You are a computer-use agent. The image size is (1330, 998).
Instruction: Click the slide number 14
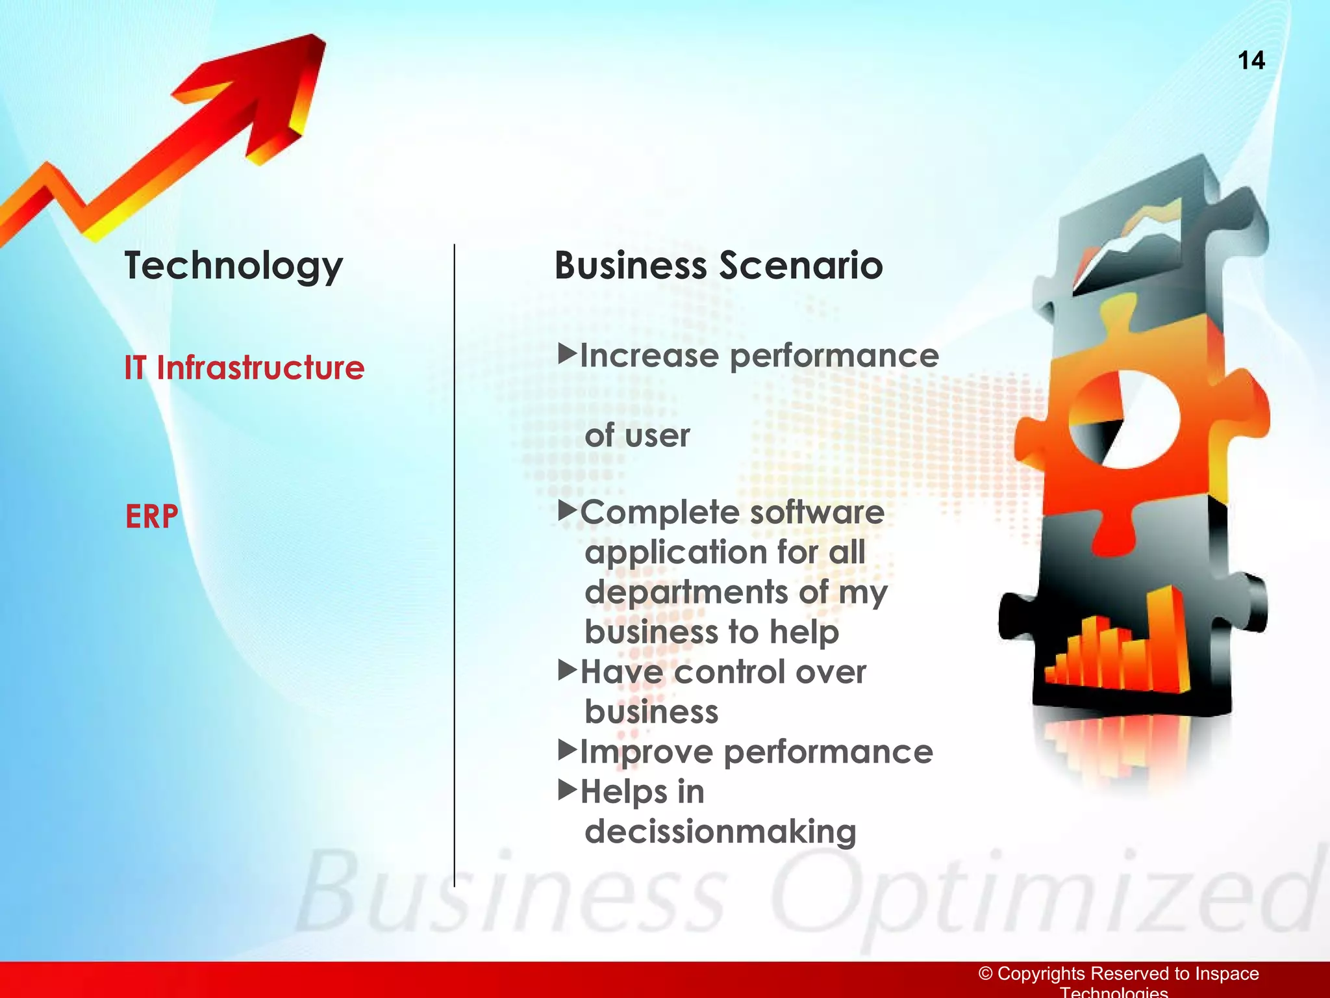click(1251, 60)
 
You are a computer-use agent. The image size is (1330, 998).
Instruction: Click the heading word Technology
click(233, 266)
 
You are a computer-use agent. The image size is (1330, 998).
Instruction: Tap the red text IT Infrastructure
click(244, 368)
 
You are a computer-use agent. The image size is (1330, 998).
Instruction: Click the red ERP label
click(151, 517)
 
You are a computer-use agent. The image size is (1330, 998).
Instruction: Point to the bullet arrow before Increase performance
click(567, 353)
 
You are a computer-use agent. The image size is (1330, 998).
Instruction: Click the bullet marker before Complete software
click(567, 510)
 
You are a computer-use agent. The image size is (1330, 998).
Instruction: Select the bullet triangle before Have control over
click(567, 669)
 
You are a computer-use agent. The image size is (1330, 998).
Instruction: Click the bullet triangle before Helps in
click(567, 789)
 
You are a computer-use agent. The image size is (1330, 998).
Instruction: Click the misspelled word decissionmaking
click(720, 832)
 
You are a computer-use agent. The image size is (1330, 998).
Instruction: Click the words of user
click(637, 435)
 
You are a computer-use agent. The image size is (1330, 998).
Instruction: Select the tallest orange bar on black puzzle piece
click(1166, 637)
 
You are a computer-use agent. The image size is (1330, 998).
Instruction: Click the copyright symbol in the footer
click(985, 973)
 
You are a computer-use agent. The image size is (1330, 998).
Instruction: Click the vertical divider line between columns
click(455, 565)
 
